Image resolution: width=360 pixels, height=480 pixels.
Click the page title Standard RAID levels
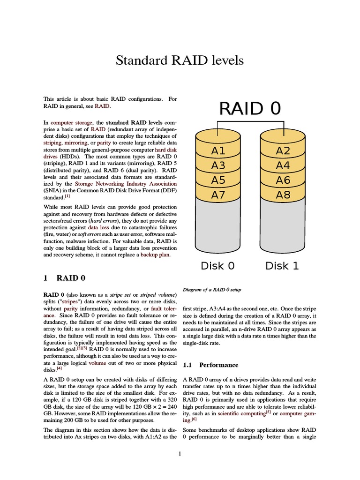(x=180, y=60)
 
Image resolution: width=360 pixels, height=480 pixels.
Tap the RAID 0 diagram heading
(x=250, y=108)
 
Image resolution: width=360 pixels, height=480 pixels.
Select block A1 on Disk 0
(x=218, y=151)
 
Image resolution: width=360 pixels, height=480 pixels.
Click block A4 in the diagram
(x=283, y=165)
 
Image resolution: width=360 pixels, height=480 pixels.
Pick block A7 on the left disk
(x=218, y=195)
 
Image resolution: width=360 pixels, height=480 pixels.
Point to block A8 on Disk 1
(x=283, y=195)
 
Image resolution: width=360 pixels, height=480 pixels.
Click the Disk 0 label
(x=217, y=266)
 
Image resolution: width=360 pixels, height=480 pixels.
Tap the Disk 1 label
(x=282, y=266)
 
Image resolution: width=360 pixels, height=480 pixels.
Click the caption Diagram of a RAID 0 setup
(x=212, y=290)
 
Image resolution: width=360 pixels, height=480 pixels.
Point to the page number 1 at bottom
(x=180, y=453)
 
